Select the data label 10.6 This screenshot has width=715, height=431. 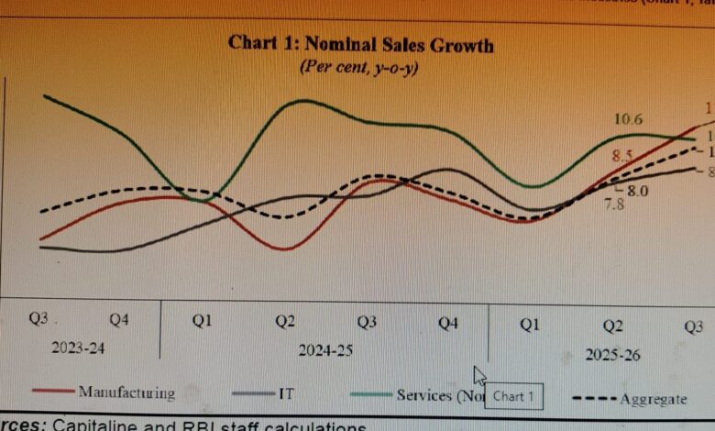(628, 118)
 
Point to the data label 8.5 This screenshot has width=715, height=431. (623, 156)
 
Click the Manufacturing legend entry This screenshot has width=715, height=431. (126, 393)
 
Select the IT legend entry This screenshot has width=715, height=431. (286, 393)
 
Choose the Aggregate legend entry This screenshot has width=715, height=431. (653, 399)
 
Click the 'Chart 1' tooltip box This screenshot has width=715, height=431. (513, 397)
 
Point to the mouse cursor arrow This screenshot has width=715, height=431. (478, 375)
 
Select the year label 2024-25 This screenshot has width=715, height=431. (324, 350)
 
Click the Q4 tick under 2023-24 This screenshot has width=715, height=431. (119, 320)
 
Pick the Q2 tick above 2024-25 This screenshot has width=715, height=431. (285, 322)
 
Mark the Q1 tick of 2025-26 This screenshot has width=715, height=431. (530, 325)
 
